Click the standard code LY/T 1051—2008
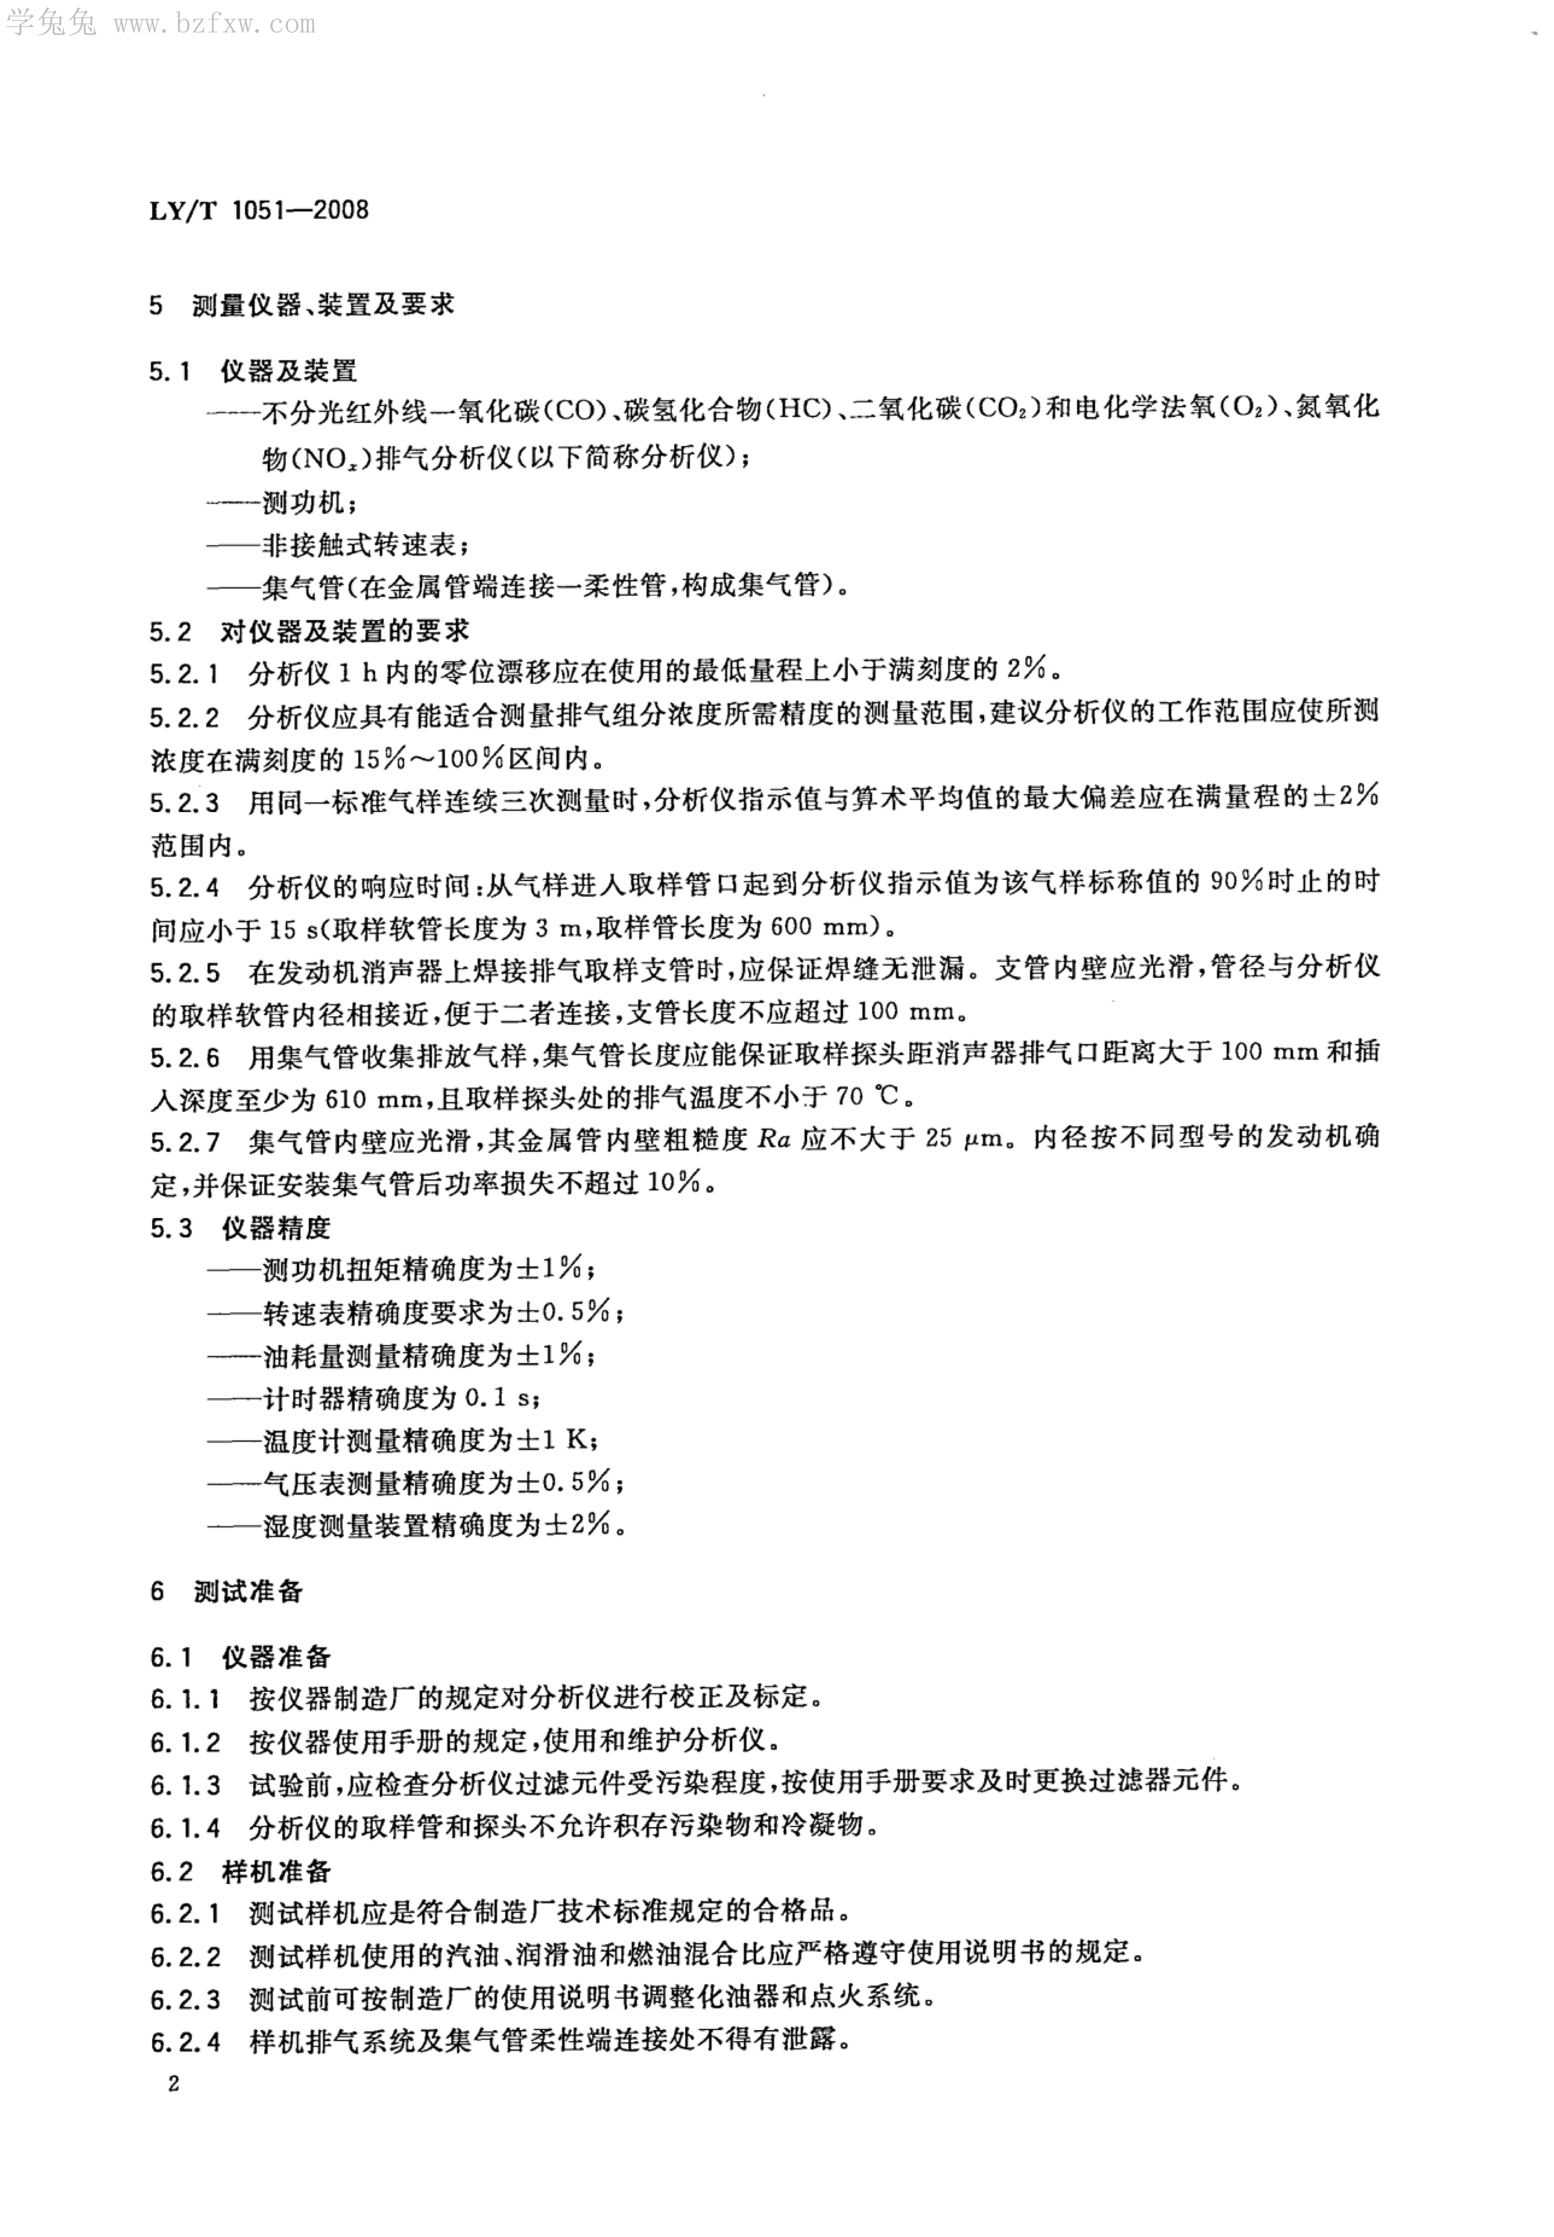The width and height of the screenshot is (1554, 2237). click(x=259, y=210)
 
